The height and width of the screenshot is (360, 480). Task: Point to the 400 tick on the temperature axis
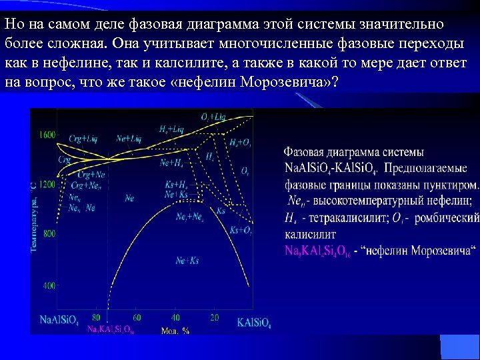click(49, 285)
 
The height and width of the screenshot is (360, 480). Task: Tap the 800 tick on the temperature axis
click(49, 234)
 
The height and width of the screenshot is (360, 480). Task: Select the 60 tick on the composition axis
click(137, 317)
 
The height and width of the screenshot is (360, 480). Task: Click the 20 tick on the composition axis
click(215, 317)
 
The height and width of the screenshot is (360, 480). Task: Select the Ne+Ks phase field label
click(187, 260)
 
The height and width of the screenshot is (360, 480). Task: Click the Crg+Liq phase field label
click(83, 139)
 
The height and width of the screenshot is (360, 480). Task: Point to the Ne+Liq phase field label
click(129, 139)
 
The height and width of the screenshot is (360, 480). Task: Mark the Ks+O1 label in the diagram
click(241, 230)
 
